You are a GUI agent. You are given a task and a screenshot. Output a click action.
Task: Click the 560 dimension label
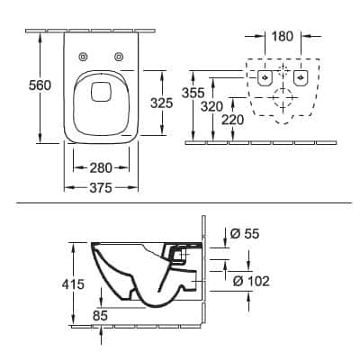40,85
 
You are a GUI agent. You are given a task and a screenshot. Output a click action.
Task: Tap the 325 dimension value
162,103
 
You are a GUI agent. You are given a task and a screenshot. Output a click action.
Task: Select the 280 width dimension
101,167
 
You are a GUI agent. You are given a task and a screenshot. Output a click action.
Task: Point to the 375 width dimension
101,188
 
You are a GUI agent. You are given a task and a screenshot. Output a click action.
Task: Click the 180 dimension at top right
283,36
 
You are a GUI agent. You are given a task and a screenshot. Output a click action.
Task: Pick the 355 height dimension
193,93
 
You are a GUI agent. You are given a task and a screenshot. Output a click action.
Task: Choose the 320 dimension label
211,106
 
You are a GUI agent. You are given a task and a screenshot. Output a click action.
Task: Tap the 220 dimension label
233,120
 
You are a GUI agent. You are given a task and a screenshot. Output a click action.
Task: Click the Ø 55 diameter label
245,233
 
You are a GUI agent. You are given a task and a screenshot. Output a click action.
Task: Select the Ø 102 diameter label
251,281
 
